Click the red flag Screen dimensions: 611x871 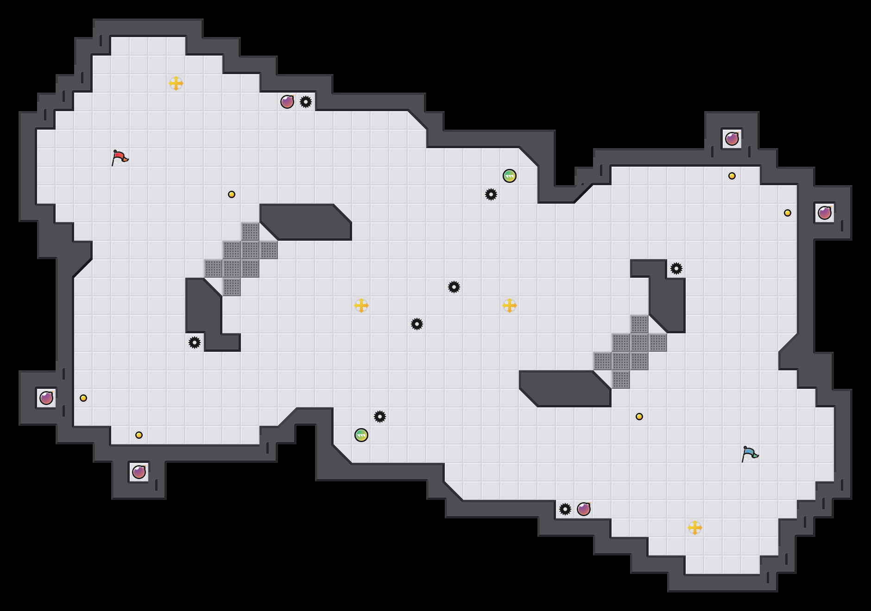pyautogui.click(x=120, y=158)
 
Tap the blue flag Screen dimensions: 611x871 pyautogui.click(x=750, y=454)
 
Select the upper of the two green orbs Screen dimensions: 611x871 pyautogui.click(x=510, y=176)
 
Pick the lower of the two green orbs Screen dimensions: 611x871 pyautogui.click(x=361, y=435)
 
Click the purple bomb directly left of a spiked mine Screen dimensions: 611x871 pyautogui.click(x=287, y=102)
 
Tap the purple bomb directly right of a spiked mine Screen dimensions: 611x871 pyautogui.click(x=584, y=509)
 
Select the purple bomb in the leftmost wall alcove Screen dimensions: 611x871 pyautogui.click(x=46, y=398)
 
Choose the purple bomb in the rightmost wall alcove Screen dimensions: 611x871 pyautogui.click(x=825, y=213)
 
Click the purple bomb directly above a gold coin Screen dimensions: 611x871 pyautogui.click(x=732, y=139)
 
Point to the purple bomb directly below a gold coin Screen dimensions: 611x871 pyautogui.click(x=139, y=472)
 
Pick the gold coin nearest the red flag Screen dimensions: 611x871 pyautogui.click(x=232, y=194)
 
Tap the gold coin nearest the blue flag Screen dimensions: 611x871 pyautogui.click(x=639, y=417)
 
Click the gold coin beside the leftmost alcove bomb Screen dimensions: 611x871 pyautogui.click(x=83, y=398)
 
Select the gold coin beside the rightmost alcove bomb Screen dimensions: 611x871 pyautogui.click(x=788, y=213)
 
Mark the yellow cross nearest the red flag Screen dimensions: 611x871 pyautogui.click(x=176, y=83)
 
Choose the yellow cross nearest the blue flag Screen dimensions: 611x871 pyautogui.click(x=695, y=528)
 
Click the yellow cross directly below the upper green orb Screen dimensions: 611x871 pyautogui.click(x=510, y=305)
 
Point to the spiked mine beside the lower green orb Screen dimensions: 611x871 pyautogui.click(x=380, y=417)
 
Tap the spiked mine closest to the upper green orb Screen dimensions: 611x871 pyautogui.click(x=491, y=194)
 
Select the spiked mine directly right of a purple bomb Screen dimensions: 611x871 pyautogui.click(x=306, y=102)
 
